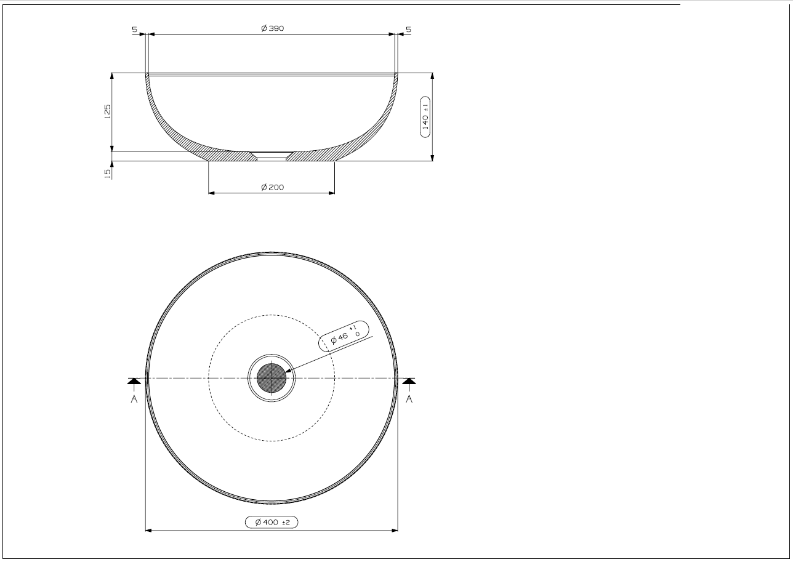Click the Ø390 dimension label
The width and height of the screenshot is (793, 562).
click(272, 28)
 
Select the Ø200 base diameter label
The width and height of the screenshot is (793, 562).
click(272, 187)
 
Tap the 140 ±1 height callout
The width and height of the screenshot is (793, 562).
click(425, 116)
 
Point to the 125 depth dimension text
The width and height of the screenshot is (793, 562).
click(107, 111)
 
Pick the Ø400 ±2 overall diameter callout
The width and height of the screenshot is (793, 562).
click(272, 522)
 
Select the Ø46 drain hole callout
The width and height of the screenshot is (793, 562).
click(345, 335)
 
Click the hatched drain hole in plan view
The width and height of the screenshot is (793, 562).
click(272, 378)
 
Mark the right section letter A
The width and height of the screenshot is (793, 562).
click(409, 399)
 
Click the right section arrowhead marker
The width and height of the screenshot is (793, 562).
click(409, 382)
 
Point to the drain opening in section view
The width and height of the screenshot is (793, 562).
click(272, 156)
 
